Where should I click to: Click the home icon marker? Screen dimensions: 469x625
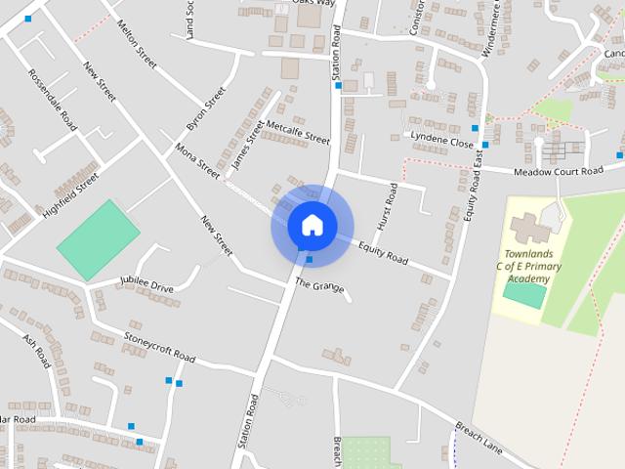[312, 225]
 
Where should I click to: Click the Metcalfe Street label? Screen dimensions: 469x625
[298, 132]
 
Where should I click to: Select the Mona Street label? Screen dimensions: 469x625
[198, 160]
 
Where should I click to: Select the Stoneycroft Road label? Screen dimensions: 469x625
[159, 347]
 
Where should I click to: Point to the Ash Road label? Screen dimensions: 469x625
[36, 351]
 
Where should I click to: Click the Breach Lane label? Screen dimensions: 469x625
[479, 437]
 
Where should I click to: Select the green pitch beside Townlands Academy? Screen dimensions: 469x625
[525, 293]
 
